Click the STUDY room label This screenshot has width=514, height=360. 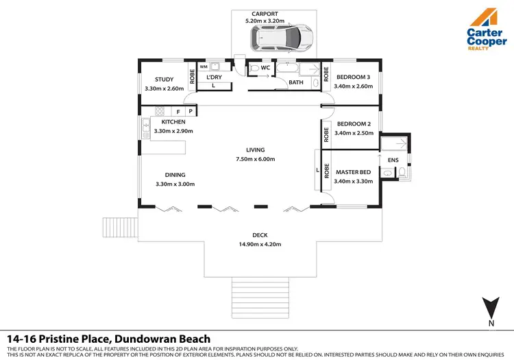click(164, 80)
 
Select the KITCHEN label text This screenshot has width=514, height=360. click(173, 122)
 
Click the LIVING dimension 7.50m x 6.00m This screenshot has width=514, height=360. click(256, 159)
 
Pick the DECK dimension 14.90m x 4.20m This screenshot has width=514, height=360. click(260, 244)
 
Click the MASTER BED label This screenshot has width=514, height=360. click(353, 171)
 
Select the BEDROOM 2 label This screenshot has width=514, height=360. click(353, 123)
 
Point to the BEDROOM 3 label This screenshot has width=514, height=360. click(353, 77)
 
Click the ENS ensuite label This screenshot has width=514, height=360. click(393, 160)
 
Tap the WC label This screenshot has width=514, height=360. click(265, 69)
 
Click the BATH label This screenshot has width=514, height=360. click(296, 82)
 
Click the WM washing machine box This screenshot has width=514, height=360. click(204, 67)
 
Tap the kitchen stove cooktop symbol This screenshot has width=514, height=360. click(160, 111)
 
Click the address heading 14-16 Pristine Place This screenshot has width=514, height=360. click(108, 339)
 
